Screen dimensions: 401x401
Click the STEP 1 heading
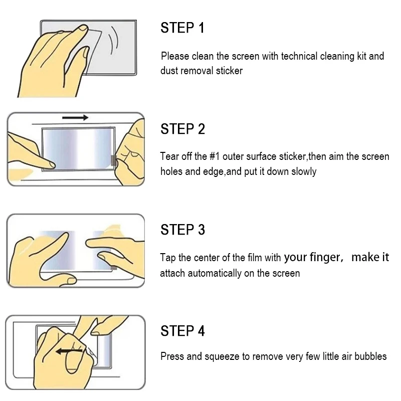(x=182, y=28)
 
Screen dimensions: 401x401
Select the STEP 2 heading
(x=182, y=129)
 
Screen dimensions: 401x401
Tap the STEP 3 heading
(x=182, y=230)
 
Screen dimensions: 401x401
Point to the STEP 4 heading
(x=182, y=331)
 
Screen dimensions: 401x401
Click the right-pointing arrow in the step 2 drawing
(x=75, y=117)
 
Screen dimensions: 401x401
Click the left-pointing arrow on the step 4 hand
(x=69, y=351)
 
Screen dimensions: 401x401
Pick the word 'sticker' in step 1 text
(x=229, y=71)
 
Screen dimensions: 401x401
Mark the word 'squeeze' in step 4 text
(x=222, y=357)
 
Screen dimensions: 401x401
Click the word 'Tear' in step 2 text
(x=169, y=156)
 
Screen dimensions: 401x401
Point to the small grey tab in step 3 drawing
(x=114, y=268)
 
